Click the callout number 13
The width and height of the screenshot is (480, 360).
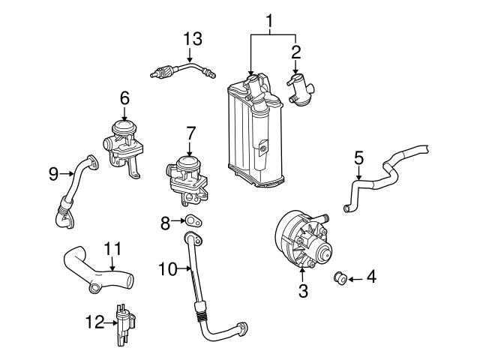(x=193, y=38)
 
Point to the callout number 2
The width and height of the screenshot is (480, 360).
(x=295, y=52)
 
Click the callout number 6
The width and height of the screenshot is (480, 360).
(x=124, y=97)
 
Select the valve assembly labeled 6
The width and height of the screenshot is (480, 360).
(x=121, y=142)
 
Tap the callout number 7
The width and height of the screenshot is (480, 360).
(x=190, y=133)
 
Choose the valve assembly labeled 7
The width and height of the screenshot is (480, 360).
(x=187, y=175)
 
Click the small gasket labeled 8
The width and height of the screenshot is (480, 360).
(x=194, y=220)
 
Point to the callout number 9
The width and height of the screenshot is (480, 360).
(x=53, y=173)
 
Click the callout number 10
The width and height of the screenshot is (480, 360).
(x=167, y=268)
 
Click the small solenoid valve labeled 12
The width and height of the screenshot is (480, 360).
(x=121, y=322)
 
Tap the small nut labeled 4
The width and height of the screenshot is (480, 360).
(x=340, y=279)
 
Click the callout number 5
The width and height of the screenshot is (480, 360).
(x=358, y=158)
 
